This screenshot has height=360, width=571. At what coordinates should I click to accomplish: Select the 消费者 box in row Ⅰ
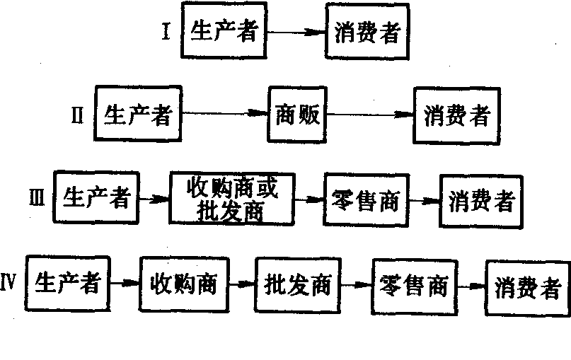coord(368,33)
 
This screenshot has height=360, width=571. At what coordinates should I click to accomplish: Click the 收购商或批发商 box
coord(232,199)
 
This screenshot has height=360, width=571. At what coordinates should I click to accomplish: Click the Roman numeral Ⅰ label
coord(166,32)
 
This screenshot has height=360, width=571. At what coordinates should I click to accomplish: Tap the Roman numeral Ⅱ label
coord(78,115)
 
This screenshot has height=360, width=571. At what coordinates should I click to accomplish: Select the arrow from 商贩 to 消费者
coord(370,115)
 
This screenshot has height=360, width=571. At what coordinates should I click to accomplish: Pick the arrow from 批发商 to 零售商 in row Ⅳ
coord(356,285)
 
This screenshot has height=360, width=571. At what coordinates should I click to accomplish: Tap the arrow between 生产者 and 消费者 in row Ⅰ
coord(296,33)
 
